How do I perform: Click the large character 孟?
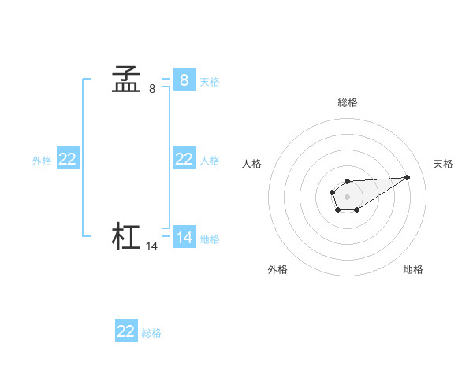click(126, 80)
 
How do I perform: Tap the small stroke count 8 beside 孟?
click(152, 90)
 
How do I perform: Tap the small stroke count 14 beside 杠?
click(152, 246)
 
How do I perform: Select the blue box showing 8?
click(184, 80)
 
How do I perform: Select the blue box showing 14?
click(184, 237)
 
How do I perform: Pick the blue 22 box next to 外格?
click(68, 159)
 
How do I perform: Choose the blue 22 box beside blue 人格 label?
click(184, 159)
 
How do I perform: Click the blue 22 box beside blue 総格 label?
click(126, 331)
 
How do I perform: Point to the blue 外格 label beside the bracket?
click(42, 161)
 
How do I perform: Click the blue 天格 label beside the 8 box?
click(210, 81)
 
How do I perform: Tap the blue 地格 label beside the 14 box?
click(210, 239)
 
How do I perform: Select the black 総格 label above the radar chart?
click(348, 102)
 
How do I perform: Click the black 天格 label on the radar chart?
click(443, 164)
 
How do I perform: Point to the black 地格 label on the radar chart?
click(413, 269)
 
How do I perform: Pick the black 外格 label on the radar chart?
click(277, 269)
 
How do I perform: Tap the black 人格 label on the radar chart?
click(252, 164)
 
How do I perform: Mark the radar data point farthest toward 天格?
click(408, 177)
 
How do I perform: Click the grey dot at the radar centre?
click(347, 196)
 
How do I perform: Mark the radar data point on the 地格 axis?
click(357, 209)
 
